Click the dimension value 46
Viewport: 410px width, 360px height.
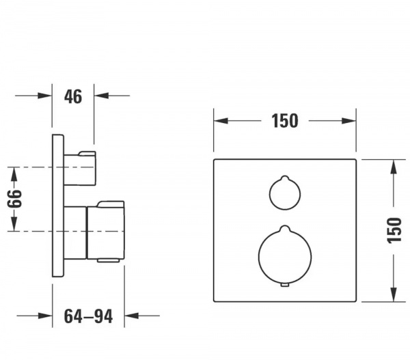click(x=73, y=96)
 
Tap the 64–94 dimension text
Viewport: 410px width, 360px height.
click(x=88, y=316)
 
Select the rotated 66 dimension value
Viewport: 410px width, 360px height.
click(x=14, y=199)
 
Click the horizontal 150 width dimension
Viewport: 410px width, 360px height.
click(x=285, y=121)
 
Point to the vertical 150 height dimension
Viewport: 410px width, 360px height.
click(x=394, y=230)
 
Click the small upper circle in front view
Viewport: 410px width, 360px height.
click(x=285, y=193)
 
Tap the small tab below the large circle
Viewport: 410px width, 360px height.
click(x=285, y=285)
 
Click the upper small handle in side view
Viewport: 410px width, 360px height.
click(x=80, y=168)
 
